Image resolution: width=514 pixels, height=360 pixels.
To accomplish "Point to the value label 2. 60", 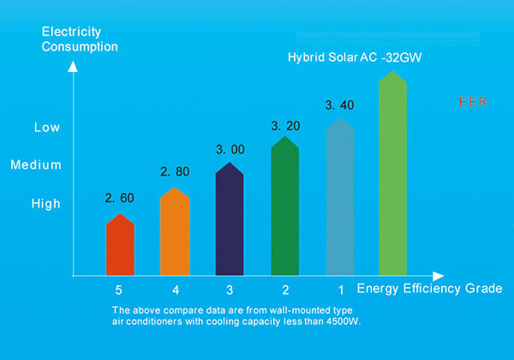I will (x=120, y=198).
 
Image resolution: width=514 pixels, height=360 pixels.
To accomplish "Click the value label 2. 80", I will (x=175, y=172).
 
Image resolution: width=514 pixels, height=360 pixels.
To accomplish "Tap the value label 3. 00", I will (x=230, y=149).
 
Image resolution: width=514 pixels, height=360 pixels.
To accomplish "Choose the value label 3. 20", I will (x=285, y=125).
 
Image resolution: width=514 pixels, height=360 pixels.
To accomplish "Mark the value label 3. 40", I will (x=340, y=105).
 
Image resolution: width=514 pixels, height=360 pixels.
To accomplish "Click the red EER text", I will (x=473, y=100).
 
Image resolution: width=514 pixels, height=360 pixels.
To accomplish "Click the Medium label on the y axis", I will (x=36, y=165).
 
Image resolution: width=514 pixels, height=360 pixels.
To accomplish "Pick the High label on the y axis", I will (x=46, y=204).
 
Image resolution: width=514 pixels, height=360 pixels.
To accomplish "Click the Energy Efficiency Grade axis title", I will (x=429, y=288).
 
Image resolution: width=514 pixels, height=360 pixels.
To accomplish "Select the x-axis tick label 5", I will (x=119, y=289).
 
